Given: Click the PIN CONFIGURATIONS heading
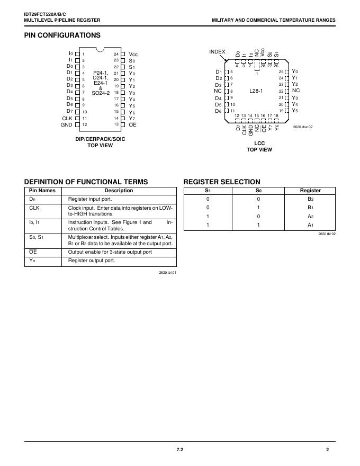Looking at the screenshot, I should point(62,35).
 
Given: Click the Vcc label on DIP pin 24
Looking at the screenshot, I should point(133,55).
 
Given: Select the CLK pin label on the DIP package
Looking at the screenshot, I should point(67,118).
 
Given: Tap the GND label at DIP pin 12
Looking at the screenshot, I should point(66,125).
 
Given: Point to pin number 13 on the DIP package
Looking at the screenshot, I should point(116,124).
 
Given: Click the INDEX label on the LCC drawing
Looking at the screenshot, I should point(217,51).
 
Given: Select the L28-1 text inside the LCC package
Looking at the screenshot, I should point(256,91).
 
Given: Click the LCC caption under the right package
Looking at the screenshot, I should point(259,143).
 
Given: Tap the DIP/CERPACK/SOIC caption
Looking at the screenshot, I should point(100,139).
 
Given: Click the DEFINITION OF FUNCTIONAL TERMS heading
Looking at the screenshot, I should point(86,182).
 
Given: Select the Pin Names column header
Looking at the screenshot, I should point(42,191).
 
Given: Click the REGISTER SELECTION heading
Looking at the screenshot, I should point(222,182).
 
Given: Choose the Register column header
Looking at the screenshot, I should point(310,191).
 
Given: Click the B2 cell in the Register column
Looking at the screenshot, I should point(310,199).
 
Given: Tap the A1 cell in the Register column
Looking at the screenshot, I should point(310,225).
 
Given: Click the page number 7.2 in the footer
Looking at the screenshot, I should point(179,450).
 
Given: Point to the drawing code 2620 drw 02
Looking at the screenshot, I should point(303,127).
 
